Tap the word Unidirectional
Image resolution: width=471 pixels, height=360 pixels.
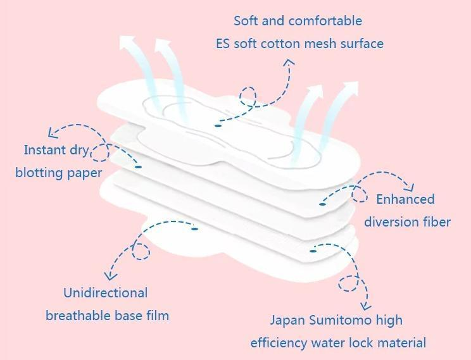105,293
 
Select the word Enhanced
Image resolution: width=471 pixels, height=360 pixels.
405,199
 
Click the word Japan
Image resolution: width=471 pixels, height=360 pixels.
288,320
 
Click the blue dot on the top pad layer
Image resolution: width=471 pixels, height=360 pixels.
218,125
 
